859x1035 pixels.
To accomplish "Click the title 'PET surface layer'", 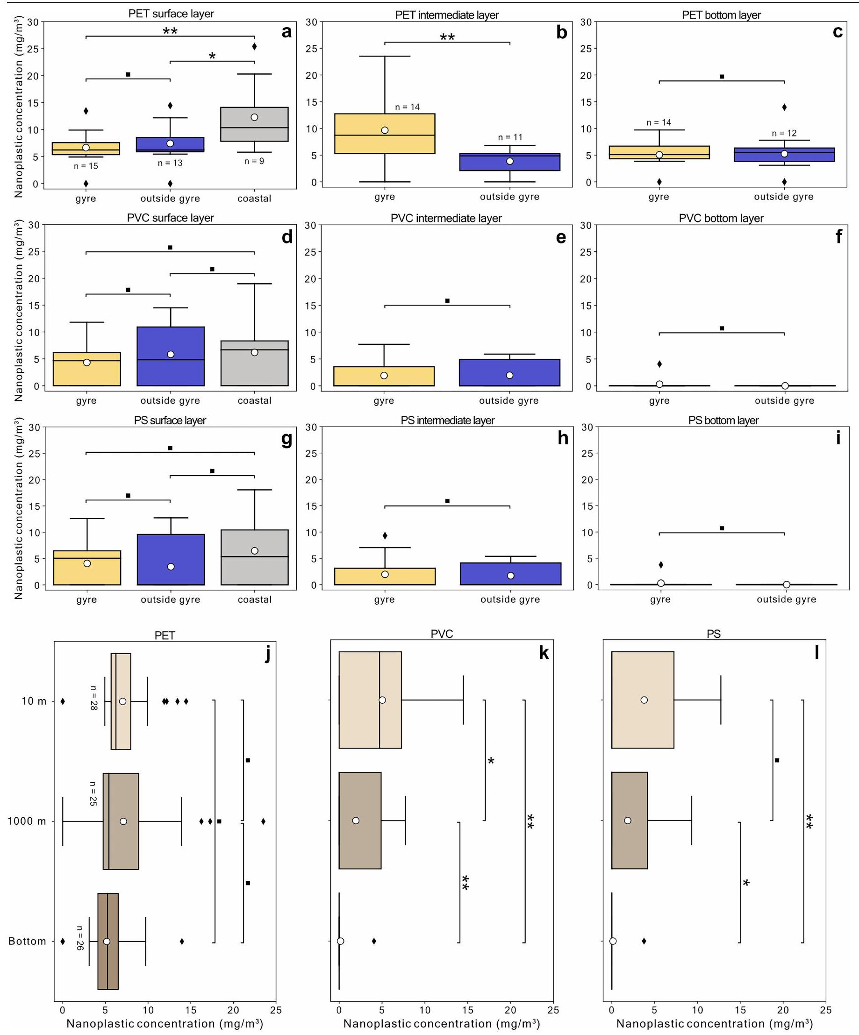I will pos(171,14).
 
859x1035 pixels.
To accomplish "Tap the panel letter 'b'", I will pos(561,33).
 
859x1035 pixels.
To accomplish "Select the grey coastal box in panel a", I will pos(254,124).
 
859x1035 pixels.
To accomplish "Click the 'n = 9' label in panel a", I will pos(254,161).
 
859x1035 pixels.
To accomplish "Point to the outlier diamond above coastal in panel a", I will pos(254,46).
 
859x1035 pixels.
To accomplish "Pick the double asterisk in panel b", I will pos(447,37).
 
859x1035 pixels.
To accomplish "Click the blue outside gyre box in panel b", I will pos(509,162).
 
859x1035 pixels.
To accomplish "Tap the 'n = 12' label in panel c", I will pos(784,133).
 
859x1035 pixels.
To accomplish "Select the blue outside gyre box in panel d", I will pos(171,356).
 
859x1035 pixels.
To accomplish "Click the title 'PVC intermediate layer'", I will pos(446,218).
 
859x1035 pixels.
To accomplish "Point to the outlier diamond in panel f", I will pos(659,364).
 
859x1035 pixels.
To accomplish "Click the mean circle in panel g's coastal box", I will pos(254,550).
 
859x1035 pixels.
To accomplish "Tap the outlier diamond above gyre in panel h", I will pos(385,535).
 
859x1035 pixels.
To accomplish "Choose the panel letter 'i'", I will pos(838,438).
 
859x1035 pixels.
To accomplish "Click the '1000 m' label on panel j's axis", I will pos(27,821).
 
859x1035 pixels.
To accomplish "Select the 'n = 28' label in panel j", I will pos(93,698).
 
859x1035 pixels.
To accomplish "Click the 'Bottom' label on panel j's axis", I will pos(27,942).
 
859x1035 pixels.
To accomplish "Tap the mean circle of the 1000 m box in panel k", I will pos(356,821).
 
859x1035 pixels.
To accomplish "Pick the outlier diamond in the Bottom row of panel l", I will pos(644,942).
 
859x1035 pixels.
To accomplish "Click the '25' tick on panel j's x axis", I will pos(276,1010).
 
